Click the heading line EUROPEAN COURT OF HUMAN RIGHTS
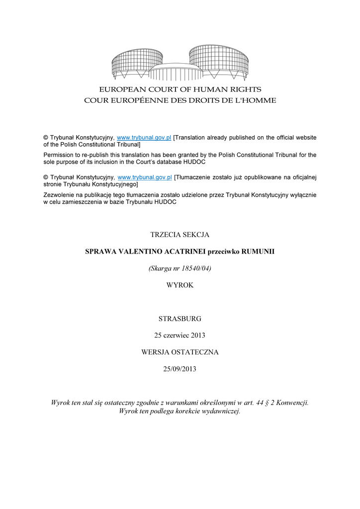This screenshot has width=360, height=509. point(180,89)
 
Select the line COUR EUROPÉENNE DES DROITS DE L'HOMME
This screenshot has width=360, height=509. point(180,100)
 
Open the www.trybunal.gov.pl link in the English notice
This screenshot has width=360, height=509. point(144,137)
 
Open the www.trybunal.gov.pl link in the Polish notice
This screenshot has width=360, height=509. point(144,177)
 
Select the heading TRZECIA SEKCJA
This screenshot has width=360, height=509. point(180,234)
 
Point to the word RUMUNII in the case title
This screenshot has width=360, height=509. point(258,252)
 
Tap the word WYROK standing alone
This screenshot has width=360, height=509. point(180,285)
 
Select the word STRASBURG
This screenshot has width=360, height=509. point(180,318)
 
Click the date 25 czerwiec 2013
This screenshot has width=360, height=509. point(180,335)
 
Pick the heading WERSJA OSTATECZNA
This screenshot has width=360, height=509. point(180,352)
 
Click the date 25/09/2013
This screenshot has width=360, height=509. point(180,368)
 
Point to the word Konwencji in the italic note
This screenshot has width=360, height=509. point(292,402)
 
